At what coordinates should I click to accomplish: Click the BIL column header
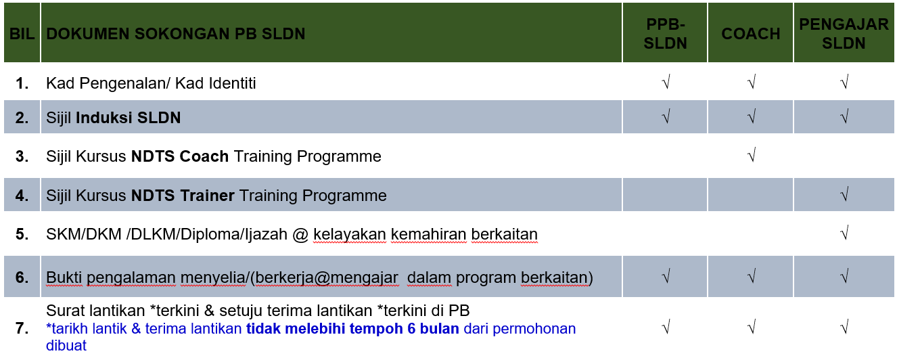[x=22, y=34]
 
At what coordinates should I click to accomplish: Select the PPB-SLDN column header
[x=665, y=34]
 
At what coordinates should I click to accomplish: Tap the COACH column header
[x=751, y=34]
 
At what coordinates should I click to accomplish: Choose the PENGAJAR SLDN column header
[x=844, y=34]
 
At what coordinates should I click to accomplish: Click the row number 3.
[x=22, y=156]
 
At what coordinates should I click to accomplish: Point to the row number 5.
[x=22, y=234]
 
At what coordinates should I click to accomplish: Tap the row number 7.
[x=22, y=328]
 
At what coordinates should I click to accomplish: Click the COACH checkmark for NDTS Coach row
[x=752, y=154]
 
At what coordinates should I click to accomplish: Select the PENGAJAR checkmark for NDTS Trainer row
[x=844, y=194]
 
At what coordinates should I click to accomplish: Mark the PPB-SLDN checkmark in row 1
[x=666, y=82]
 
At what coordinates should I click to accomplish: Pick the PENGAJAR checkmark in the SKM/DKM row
[x=844, y=233]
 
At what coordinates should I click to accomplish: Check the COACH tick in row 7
[x=752, y=327]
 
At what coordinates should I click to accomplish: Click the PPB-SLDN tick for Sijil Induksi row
[x=666, y=116]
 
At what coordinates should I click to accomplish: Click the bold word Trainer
[x=207, y=196]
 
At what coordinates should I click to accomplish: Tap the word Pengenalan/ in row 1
[x=125, y=83]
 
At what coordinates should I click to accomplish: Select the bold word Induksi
[x=104, y=118]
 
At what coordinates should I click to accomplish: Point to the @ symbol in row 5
[x=300, y=235]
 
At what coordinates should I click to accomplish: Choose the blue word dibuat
[x=66, y=346]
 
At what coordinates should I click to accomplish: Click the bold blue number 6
[x=411, y=329]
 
